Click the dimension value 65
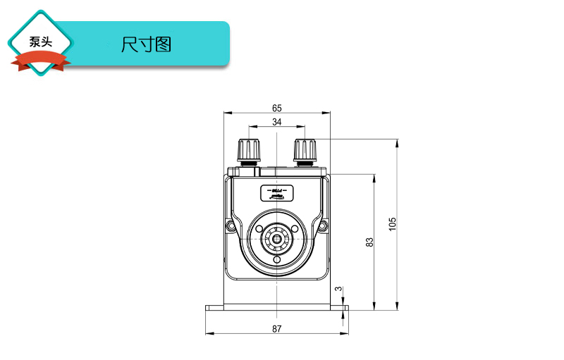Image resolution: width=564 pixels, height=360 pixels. pos(276,108)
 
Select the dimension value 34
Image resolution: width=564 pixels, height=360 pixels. pos(276,123)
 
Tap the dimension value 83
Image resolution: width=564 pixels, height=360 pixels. pos(369,242)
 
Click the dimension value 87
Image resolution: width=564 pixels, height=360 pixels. pos(276,328)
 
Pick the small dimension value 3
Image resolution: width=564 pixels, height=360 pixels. pos(338,289)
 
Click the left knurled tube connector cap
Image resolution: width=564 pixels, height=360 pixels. pos(249,149)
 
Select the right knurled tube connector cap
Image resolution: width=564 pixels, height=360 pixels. pos(305,149)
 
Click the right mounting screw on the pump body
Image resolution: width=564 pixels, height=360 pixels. pos(322,226)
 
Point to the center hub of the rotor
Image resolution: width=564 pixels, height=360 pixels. pos(276,240)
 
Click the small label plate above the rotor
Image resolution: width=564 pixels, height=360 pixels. pos(276,192)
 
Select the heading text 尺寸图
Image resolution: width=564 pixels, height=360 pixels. pos(146,45)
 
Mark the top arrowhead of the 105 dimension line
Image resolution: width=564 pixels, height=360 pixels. pos(398,143)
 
